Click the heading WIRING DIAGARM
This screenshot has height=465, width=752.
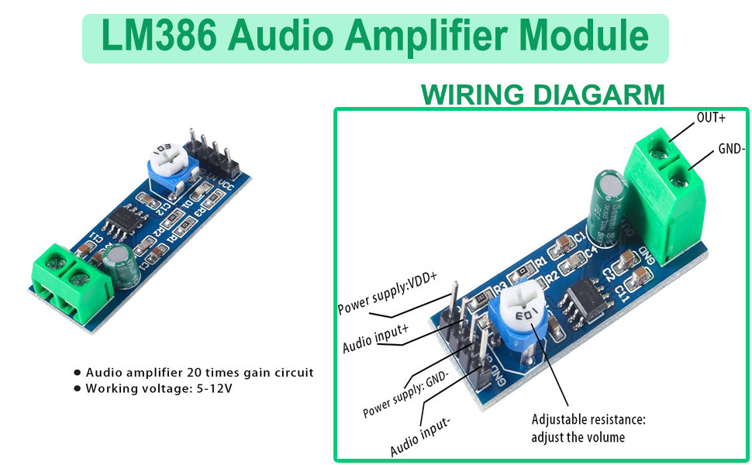tap(542, 95)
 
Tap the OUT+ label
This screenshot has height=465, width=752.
tap(711, 118)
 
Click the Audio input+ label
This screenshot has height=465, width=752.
tap(376, 338)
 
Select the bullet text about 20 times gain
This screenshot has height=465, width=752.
tap(200, 372)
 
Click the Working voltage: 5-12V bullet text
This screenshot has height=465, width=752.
tap(159, 387)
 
